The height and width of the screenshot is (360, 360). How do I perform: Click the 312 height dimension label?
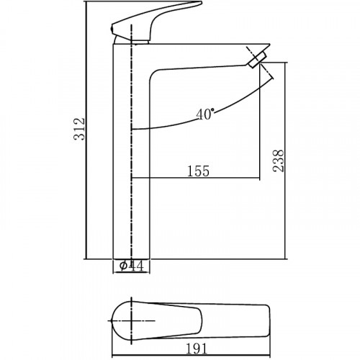point(81,130)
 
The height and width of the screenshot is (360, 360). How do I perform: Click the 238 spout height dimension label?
point(279,160)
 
